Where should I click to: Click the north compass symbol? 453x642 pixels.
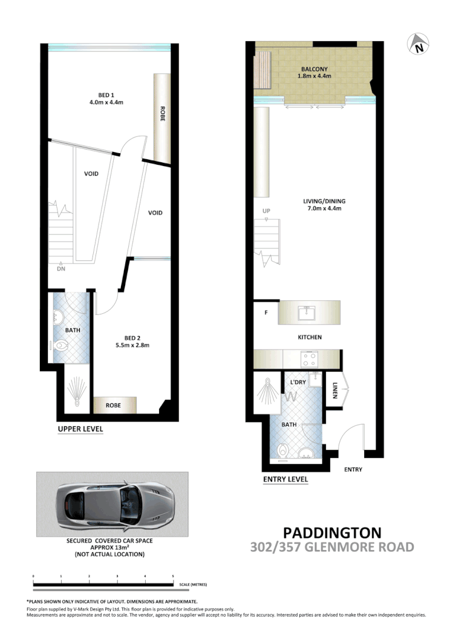(x=418, y=44)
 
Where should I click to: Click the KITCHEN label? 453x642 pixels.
(x=309, y=337)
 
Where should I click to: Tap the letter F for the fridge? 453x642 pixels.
(x=266, y=314)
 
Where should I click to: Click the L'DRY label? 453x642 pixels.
(x=298, y=383)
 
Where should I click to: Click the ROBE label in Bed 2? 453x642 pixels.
(x=114, y=405)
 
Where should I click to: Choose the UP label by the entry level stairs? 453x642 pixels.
(x=266, y=211)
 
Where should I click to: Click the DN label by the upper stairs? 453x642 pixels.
(x=60, y=269)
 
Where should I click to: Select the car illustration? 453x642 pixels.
(x=113, y=505)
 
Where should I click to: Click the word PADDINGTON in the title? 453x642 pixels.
(x=332, y=533)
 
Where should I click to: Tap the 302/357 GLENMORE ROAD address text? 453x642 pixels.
(x=332, y=548)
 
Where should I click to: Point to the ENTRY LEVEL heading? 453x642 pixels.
(x=285, y=479)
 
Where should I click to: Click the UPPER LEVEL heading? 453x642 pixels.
(x=80, y=429)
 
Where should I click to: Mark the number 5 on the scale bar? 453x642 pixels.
(x=173, y=575)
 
